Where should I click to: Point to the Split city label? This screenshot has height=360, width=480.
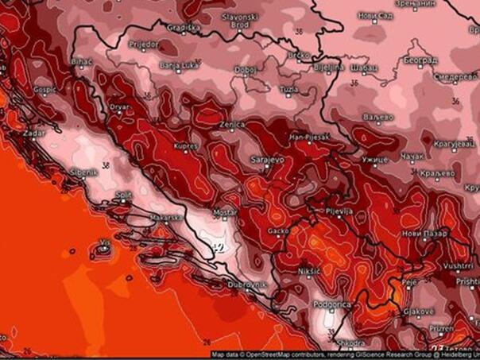(x=122, y=194)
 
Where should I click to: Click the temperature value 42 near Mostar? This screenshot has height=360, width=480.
(x=216, y=247)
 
